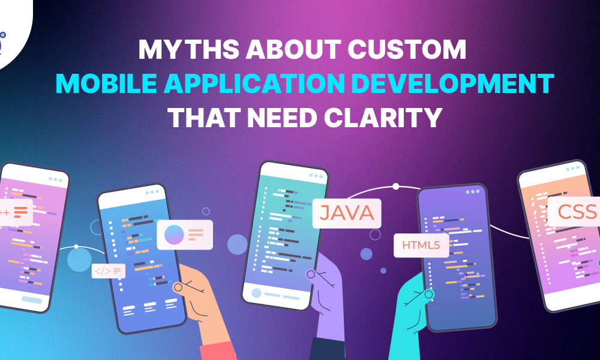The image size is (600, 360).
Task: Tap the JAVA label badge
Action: click(x=347, y=213)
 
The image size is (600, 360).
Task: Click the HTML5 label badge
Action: click(x=421, y=245)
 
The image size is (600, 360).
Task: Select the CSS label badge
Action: click(x=575, y=211)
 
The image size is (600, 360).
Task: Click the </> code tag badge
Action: click(x=108, y=271)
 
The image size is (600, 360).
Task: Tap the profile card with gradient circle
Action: click(x=184, y=235)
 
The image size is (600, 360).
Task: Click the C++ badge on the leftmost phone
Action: click(x=14, y=212)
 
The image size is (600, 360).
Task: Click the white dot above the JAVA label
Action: click(x=395, y=186)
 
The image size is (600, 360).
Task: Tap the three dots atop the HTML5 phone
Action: click(x=472, y=192)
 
